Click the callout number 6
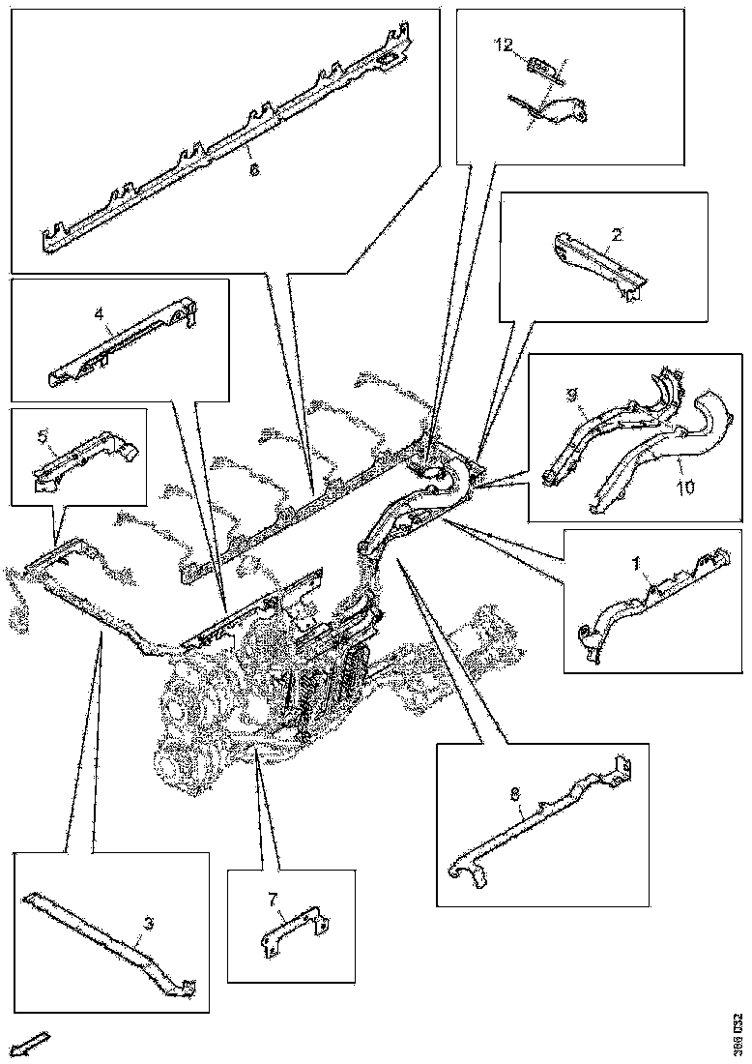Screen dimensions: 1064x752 (254, 169)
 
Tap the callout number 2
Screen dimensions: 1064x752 (617, 235)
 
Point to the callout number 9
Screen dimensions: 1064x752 (570, 395)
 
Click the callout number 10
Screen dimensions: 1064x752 (685, 488)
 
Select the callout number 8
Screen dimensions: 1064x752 (515, 794)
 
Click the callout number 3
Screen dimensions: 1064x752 (148, 925)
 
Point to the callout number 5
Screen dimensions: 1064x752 (42, 435)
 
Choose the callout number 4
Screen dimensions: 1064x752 (99, 313)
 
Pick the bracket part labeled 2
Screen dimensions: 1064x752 (594, 263)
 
